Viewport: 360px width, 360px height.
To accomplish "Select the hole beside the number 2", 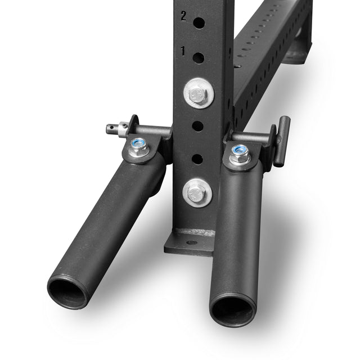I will (x=199, y=22).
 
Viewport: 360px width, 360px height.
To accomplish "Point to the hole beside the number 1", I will (x=199, y=57).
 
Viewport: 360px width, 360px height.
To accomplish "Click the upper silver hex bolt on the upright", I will (x=199, y=93).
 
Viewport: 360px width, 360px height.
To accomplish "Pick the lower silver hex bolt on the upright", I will (x=197, y=192).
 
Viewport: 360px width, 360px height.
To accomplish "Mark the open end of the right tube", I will (x=232, y=308).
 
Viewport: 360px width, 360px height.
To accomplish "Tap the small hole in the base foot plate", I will (x=191, y=242).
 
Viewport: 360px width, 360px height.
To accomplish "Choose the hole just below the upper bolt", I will (x=198, y=125).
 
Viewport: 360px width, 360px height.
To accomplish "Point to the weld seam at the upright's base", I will (x=195, y=232).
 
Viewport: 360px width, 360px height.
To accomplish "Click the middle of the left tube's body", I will (x=107, y=219).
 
